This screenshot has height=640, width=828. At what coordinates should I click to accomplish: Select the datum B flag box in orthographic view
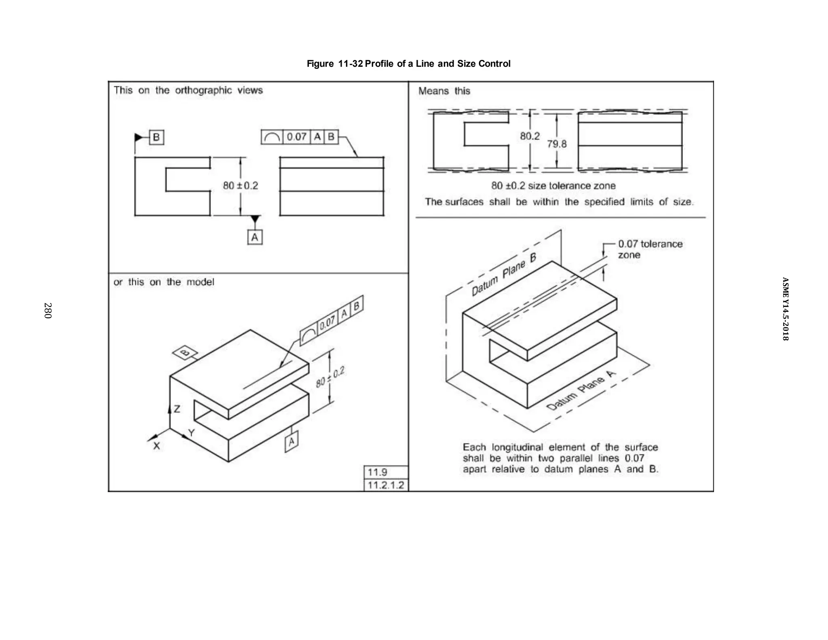click(x=156, y=137)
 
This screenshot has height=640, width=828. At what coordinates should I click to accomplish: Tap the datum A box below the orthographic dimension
click(x=254, y=237)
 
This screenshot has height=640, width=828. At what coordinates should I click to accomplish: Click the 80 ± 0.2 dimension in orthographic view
click(x=240, y=186)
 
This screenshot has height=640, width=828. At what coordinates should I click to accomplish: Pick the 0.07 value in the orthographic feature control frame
click(x=296, y=137)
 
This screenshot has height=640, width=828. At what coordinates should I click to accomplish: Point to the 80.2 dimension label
click(x=530, y=136)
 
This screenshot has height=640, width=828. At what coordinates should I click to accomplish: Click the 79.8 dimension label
click(x=557, y=144)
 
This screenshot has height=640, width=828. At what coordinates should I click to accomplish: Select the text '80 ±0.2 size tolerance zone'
click(x=553, y=186)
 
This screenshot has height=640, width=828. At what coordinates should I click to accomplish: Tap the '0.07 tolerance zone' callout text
click(x=650, y=249)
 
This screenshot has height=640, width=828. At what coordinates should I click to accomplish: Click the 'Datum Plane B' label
click(x=504, y=275)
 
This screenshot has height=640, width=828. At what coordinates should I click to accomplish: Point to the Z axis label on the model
click(x=177, y=409)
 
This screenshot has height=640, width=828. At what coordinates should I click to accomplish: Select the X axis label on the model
click(x=156, y=446)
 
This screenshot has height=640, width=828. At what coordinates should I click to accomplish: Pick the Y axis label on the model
click(x=192, y=433)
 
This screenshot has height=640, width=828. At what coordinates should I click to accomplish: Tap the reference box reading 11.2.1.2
click(x=386, y=485)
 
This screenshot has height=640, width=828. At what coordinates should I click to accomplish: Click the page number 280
click(x=48, y=310)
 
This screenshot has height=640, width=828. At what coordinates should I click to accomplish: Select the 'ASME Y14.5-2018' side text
click(x=785, y=309)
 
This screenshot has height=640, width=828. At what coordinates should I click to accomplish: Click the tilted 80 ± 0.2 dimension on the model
click(x=330, y=377)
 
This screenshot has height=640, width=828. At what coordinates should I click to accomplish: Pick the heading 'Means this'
click(x=444, y=91)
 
